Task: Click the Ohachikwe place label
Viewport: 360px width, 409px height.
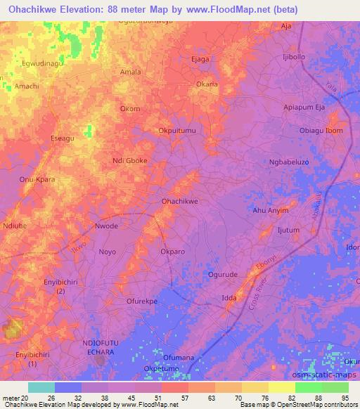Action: (180, 201)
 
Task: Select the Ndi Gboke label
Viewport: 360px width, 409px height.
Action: (130, 160)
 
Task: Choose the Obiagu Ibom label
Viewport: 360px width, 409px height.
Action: (321, 131)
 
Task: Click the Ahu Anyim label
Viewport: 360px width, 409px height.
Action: (271, 210)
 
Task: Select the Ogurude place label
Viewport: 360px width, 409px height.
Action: (224, 275)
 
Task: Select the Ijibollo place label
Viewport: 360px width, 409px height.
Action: (293, 56)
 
